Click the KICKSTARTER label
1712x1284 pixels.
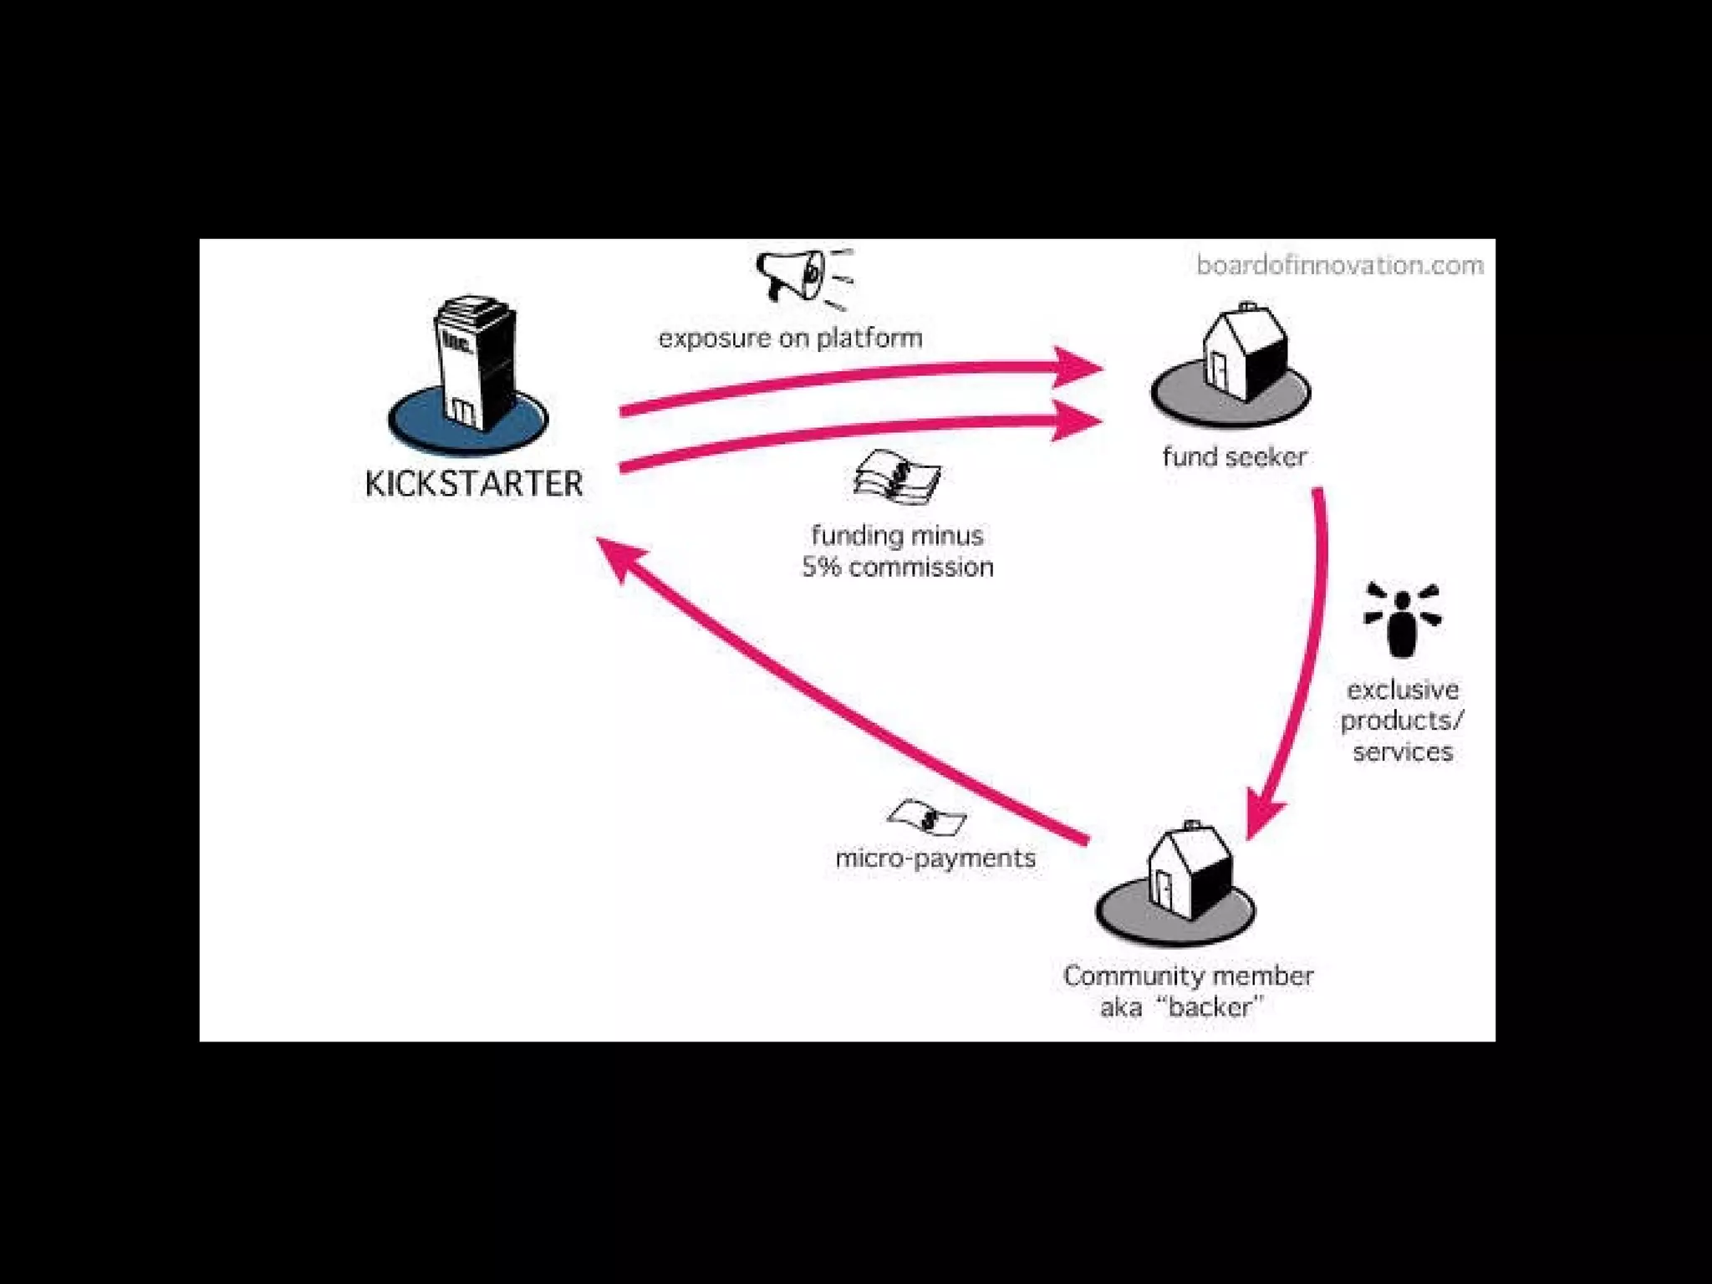(474, 484)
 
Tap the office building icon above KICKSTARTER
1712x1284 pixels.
(472, 359)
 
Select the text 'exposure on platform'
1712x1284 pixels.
(790, 339)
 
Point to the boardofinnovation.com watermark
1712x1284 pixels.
(1339, 266)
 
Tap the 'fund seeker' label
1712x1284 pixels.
(1234, 457)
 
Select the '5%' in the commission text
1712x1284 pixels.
(821, 568)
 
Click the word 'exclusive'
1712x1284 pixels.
(1403, 690)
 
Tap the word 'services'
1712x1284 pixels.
(1403, 752)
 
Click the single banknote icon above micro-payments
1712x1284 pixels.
(926, 818)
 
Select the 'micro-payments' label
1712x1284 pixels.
(935, 859)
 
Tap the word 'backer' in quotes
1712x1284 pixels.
(1210, 1007)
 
